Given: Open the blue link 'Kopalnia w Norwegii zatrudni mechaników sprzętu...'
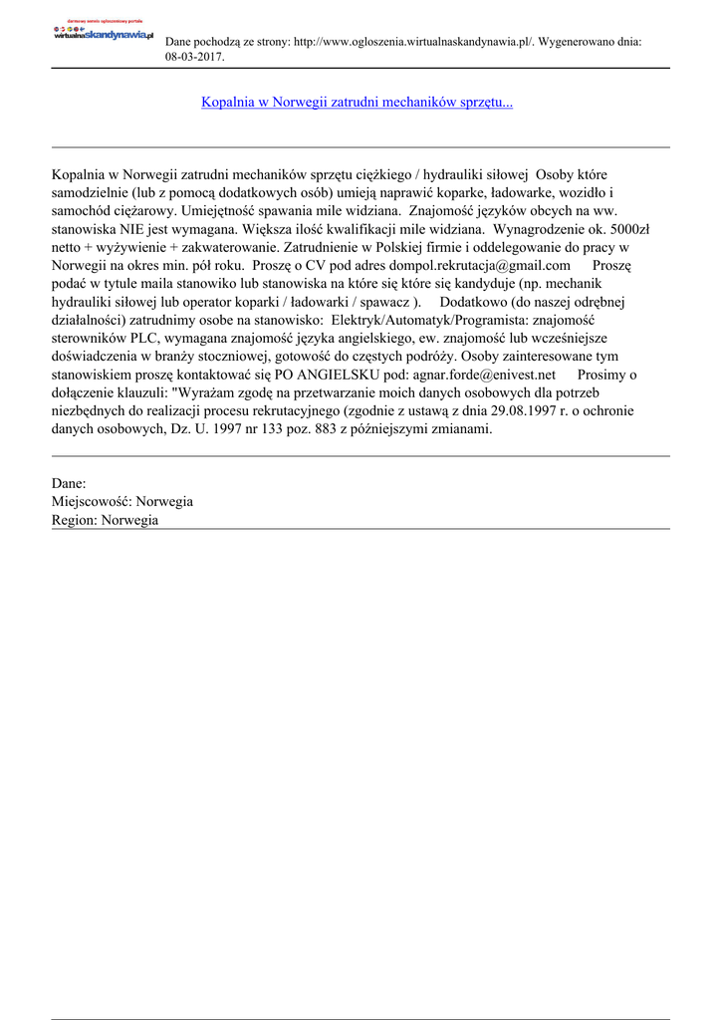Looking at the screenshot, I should click(x=357, y=102).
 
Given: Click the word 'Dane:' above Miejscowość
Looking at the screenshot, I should click(x=69, y=482).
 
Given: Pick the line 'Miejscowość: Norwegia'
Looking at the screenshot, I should click(x=121, y=501).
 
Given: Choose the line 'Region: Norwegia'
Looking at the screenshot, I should click(x=105, y=520).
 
